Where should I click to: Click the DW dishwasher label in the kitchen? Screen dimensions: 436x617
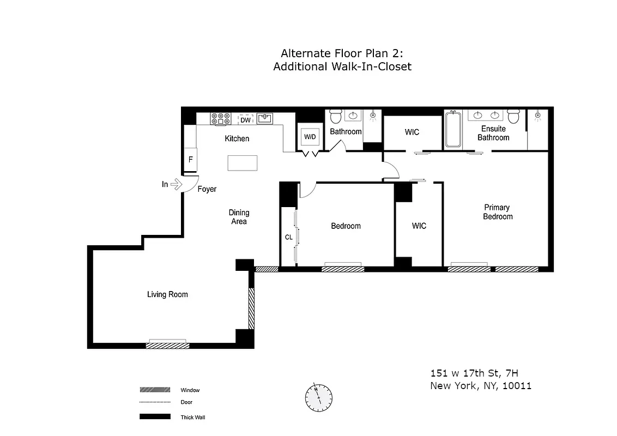pyautogui.click(x=245, y=120)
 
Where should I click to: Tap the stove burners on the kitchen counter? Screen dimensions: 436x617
pyautogui.click(x=220, y=119)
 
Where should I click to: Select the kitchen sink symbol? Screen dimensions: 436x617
pyautogui.click(x=265, y=118)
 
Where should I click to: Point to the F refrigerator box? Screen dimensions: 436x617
pyautogui.click(x=191, y=160)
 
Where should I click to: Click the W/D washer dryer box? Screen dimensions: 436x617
pyautogui.click(x=310, y=137)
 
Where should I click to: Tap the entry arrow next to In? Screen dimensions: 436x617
pyautogui.click(x=176, y=185)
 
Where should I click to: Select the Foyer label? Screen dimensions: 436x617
pyautogui.click(x=207, y=189)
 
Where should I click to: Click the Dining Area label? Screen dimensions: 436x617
pyautogui.click(x=239, y=217)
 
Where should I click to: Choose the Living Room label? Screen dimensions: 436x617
pyautogui.click(x=167, y=294)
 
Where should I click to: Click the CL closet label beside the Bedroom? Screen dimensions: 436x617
pyautogui.click(x=288, y=237)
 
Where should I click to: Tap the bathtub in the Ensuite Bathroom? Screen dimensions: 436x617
pyautogui.click(x=453, y=130)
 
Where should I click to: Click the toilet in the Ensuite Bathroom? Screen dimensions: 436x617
pyautogui.click(x=513, y=117)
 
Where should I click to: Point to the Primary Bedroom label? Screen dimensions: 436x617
pyautogui.click(x=497, y=212)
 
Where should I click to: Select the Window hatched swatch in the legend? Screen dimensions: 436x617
pyautogui.click(x=155, y=390)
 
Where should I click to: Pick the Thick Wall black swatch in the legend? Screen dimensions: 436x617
pyautogui.click(x=155, y=417)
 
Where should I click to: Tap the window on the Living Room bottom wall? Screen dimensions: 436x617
pyautogui.click(x=168, y=344)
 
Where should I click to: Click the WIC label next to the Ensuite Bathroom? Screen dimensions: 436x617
pyautogui.click(x=412, y=132)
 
